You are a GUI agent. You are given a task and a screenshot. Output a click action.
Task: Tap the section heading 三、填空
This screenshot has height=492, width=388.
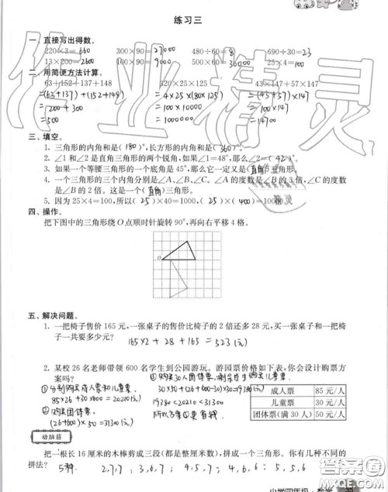click(x=41, y=139)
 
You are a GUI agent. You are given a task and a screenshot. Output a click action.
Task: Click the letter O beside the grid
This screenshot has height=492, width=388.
click(x=158, y=256)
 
